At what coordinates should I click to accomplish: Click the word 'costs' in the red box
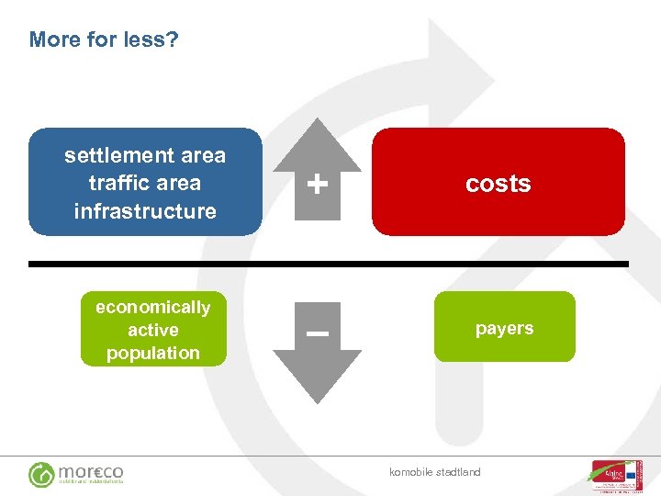click(498, 184)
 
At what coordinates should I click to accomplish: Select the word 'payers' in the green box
click(504, 328)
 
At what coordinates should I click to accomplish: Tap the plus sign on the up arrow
click(318, 186)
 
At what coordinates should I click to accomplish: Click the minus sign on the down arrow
click(318, 334)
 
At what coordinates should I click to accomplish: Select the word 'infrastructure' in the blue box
click(145, 210)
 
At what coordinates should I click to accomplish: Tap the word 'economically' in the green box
click(152, 307)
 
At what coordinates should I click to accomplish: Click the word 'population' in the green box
click(152, 353)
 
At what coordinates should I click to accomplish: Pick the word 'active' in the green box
click(152, 330)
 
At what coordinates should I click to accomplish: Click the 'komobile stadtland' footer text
click(434, 472)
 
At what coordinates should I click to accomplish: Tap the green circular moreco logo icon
click(41, 474)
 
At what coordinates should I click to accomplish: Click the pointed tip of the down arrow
click(318, 400)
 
